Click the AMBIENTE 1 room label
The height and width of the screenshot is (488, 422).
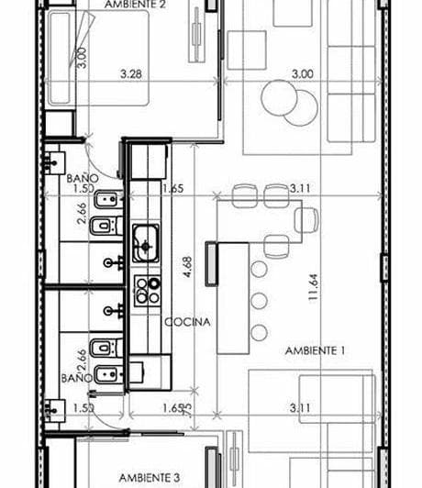(315, 350)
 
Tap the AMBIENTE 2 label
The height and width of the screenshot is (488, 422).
(136, 5)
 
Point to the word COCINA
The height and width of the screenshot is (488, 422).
(188, 323)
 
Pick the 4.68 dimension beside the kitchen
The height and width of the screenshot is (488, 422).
(186, 268)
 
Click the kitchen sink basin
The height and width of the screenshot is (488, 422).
(145, 243)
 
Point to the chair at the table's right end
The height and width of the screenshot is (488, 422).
(307, 219)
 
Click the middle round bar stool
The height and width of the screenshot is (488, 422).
(260, 300)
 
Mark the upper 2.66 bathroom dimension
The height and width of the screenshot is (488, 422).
(83, 213)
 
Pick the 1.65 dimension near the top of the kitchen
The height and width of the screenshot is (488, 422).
(172, 189)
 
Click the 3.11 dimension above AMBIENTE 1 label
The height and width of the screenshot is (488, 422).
(300, 189)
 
